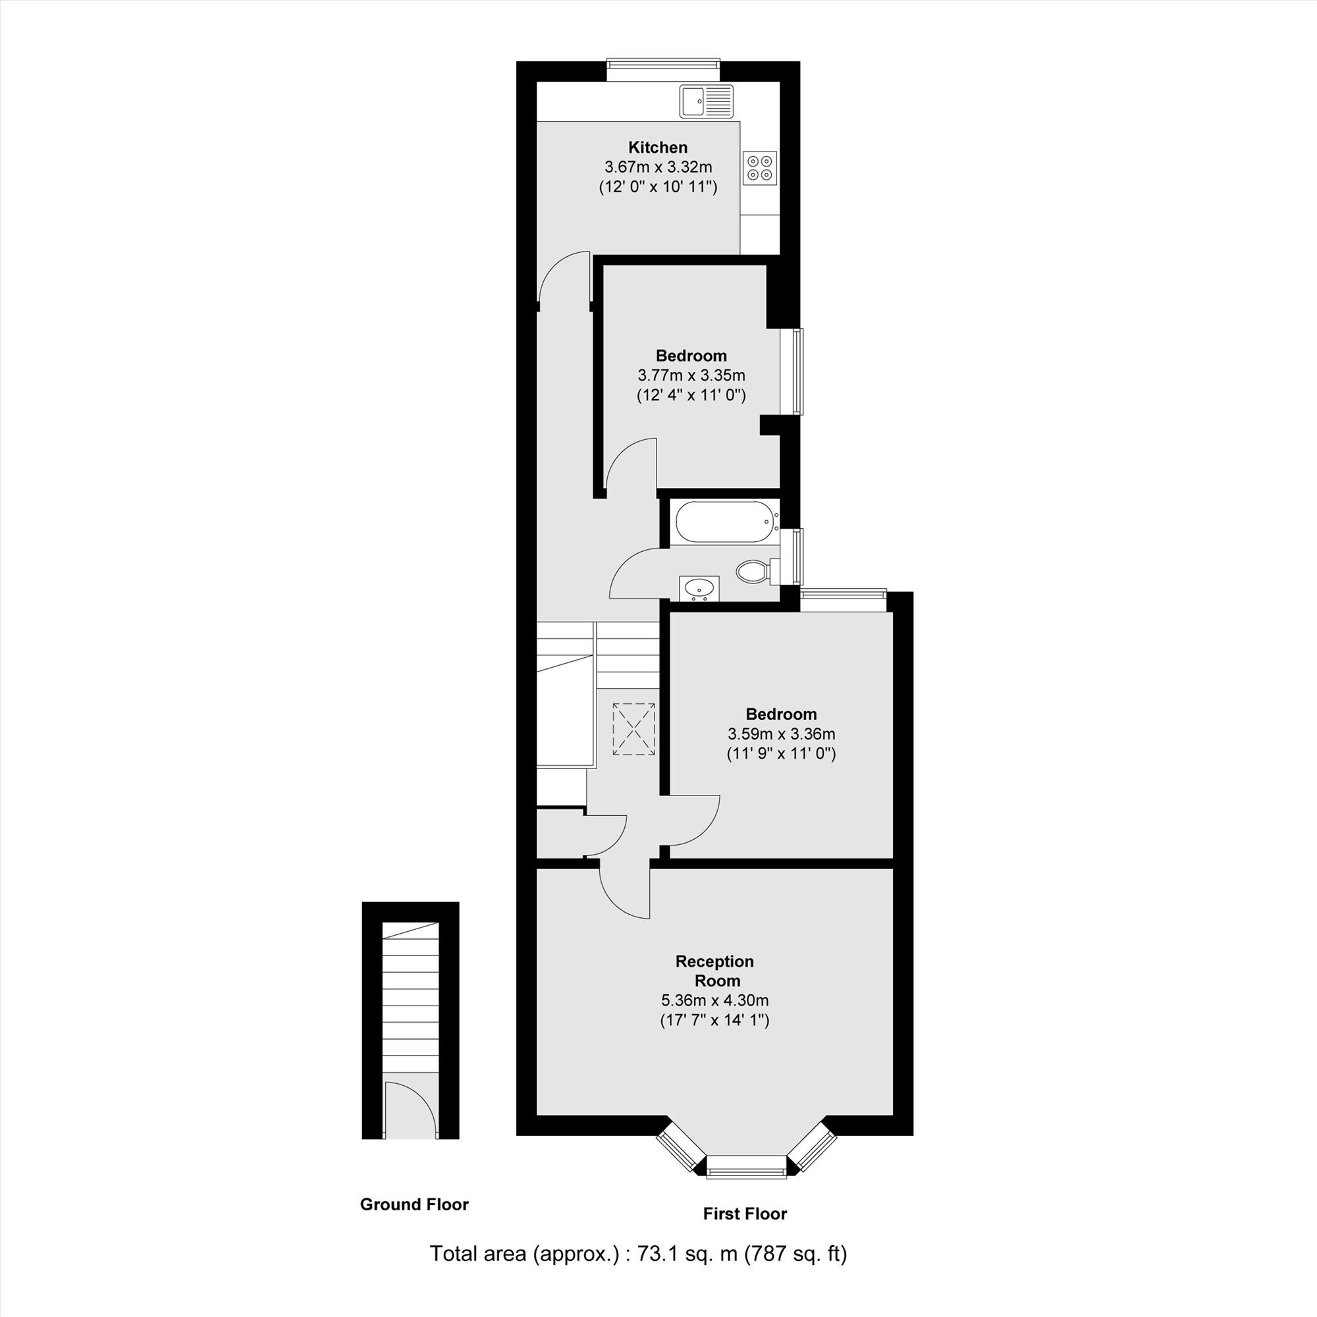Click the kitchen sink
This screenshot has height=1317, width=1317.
706,101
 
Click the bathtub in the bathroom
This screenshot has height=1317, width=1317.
724,523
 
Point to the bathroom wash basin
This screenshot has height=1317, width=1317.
699,589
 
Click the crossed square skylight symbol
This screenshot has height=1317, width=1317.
635,729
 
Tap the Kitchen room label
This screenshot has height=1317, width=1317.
658,148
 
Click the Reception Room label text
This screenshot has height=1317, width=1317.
715,971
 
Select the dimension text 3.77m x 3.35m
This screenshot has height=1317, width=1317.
691,375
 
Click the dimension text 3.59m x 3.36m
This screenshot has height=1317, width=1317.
781,734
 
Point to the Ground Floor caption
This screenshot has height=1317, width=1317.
414,1204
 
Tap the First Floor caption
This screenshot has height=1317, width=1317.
745,1214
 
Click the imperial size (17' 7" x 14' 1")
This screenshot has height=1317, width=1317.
714,1021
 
